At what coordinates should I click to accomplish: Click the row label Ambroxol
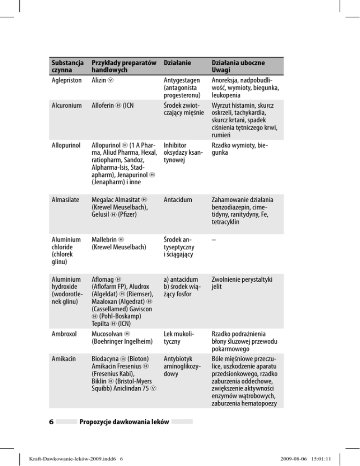[x=63, y=335]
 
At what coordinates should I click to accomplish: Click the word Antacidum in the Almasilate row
[x=177, y=199]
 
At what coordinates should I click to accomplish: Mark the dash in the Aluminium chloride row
[x=214, y=239]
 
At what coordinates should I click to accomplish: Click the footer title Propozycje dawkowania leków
[x=124, y=421]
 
